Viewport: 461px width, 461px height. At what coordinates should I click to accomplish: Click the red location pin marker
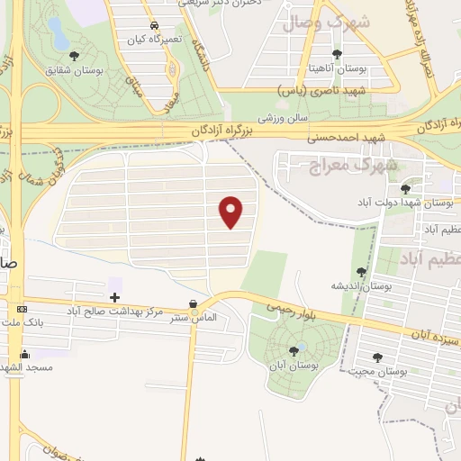point(231,212)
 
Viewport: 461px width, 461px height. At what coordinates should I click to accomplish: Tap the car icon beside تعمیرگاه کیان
point(155,25)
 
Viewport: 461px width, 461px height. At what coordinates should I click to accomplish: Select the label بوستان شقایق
point(100,68)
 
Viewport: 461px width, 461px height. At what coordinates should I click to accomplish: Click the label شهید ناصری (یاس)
point(346,91)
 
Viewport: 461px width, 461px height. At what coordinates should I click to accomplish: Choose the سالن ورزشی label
point(285,118)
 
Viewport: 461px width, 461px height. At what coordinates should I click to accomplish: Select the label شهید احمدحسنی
point(338,138)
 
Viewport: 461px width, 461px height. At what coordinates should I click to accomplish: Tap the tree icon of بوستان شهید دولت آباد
point(405,189)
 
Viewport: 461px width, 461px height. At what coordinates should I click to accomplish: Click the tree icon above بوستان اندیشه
point(362,272)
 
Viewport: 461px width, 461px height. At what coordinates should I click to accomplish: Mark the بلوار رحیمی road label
point(289,307)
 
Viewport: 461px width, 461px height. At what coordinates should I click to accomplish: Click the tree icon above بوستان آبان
point(294,351)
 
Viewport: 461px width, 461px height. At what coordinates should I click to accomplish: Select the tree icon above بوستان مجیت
point(377,357)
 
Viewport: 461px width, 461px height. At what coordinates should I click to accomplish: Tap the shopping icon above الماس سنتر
point(193,306)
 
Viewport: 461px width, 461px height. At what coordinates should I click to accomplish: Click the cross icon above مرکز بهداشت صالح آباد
point(114,296)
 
